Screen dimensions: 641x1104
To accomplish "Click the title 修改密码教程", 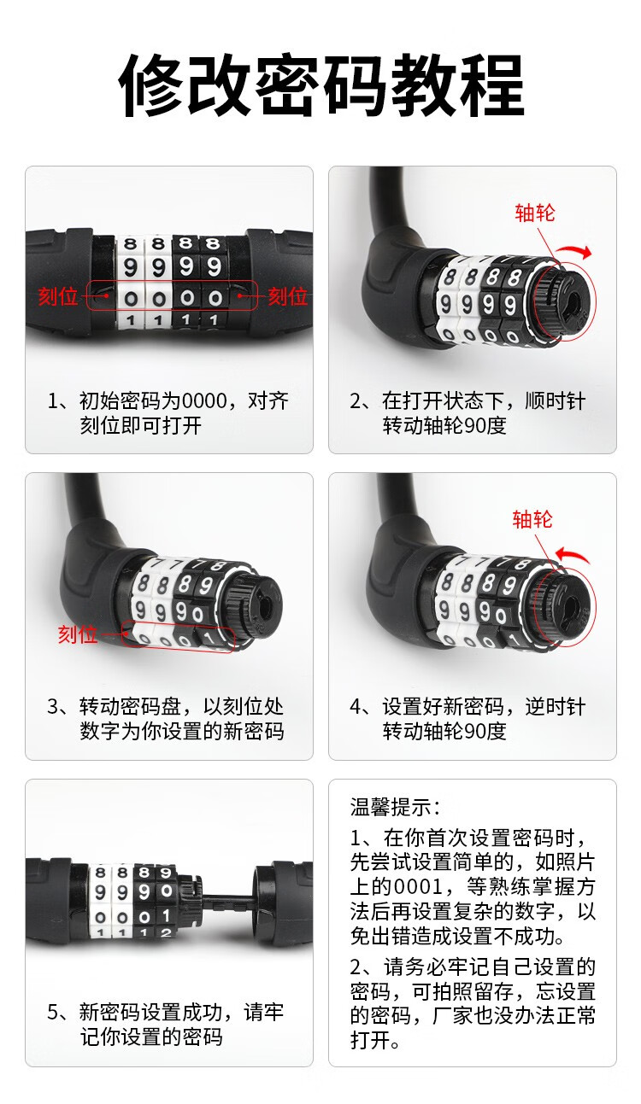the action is tap(321, 85).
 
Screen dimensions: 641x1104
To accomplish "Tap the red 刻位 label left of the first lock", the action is tap(58, 296).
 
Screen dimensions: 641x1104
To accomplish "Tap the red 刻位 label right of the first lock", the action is tap(288, 296).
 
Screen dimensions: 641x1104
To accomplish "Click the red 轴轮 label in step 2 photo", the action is tap(535, 213).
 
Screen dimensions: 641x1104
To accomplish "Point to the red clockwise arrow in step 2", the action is tap(575, 251).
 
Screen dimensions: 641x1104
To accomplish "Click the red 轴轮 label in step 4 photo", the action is tap(532, 519).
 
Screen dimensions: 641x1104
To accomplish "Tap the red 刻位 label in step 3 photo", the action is tap(78, 634).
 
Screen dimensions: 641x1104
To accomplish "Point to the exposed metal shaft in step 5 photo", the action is tap(227, 901).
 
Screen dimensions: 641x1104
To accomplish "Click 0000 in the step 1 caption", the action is tap(204, 401).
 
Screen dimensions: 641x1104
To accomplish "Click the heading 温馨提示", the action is tap(391, 808).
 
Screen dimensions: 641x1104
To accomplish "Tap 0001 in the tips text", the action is tap(418, 886).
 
